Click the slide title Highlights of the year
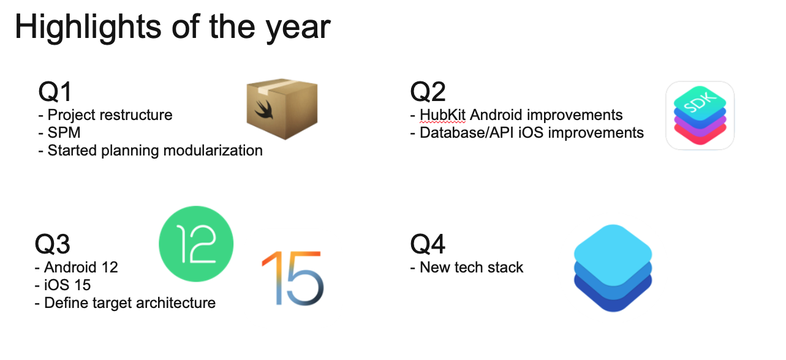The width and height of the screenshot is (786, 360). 172,27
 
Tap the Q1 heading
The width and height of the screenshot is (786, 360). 55,92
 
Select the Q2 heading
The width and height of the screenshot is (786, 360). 428,92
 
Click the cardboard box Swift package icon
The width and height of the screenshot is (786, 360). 282,108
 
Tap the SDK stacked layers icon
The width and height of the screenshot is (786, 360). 700,116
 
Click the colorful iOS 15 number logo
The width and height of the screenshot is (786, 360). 292,279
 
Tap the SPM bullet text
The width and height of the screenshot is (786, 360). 64,133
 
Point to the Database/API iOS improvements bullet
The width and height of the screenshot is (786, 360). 531,133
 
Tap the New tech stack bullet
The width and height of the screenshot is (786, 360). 471,268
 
